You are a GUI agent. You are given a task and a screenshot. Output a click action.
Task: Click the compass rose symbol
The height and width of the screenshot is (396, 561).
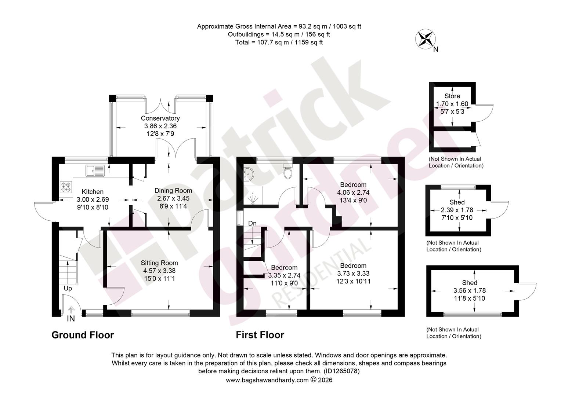click(425, 39)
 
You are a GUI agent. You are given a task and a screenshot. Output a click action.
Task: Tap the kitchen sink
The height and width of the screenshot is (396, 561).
click(95, 170)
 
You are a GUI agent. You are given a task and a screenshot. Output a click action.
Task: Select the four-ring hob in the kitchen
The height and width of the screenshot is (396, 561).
click(66, 187)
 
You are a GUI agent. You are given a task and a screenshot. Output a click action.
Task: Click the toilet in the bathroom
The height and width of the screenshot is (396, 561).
click(288, 172)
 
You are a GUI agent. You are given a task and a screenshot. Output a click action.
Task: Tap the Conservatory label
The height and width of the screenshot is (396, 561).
click(160, 118)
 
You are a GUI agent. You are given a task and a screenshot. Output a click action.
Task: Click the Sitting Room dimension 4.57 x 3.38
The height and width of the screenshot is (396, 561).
click(159, 271)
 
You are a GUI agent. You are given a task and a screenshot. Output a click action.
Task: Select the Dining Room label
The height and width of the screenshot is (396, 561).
click(173, 191)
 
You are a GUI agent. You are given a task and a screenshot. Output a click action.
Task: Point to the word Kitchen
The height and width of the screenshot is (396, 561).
click(93, 192)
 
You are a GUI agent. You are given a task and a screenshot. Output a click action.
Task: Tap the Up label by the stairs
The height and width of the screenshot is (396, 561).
click(68, 289)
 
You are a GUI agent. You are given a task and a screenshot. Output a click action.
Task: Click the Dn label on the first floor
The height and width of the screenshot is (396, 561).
click(253, 223)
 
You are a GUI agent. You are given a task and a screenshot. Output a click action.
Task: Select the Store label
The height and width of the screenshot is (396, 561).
click(452, 96)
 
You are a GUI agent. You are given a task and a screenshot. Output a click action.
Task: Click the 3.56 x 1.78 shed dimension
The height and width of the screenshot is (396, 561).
click(470, 290)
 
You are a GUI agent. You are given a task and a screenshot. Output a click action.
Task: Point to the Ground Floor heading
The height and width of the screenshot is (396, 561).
click(83, 335)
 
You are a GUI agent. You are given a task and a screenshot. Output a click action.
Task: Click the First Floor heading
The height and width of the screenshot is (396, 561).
click(260, 335)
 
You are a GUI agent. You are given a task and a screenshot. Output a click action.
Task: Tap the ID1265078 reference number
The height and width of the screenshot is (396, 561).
click(341, 371)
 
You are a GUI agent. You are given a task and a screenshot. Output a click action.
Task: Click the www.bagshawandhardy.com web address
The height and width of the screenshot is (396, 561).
click(267, 380)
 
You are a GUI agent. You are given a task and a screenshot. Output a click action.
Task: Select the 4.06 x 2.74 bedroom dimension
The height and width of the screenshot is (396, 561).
click(353, 192)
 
